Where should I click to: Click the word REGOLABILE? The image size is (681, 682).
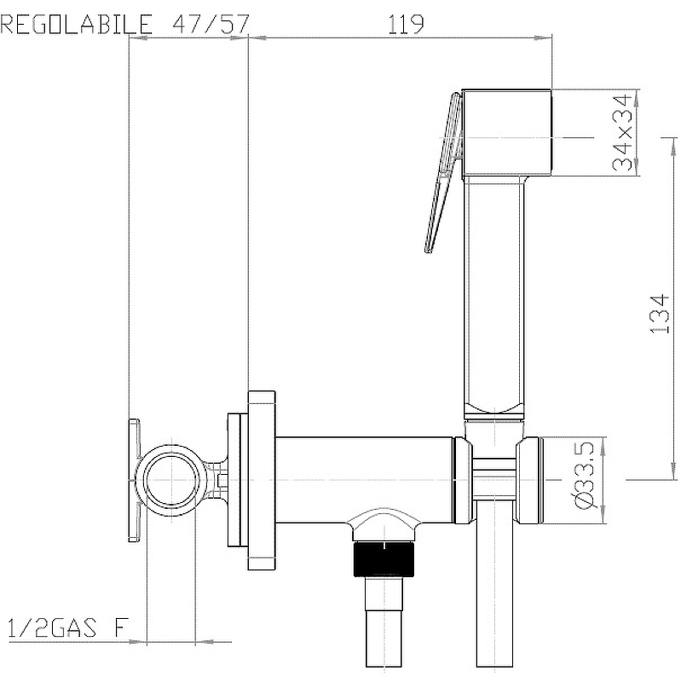click(77, 24)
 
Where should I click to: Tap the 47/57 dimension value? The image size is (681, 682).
click(211, 24)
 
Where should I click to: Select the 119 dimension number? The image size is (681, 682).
click(406, 25)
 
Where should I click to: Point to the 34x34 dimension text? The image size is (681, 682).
click(622, 132)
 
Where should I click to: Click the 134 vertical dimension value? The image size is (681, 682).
click(659, 314)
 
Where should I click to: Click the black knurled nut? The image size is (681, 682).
click(384, 558)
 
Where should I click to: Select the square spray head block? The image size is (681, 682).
click(506, 133)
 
